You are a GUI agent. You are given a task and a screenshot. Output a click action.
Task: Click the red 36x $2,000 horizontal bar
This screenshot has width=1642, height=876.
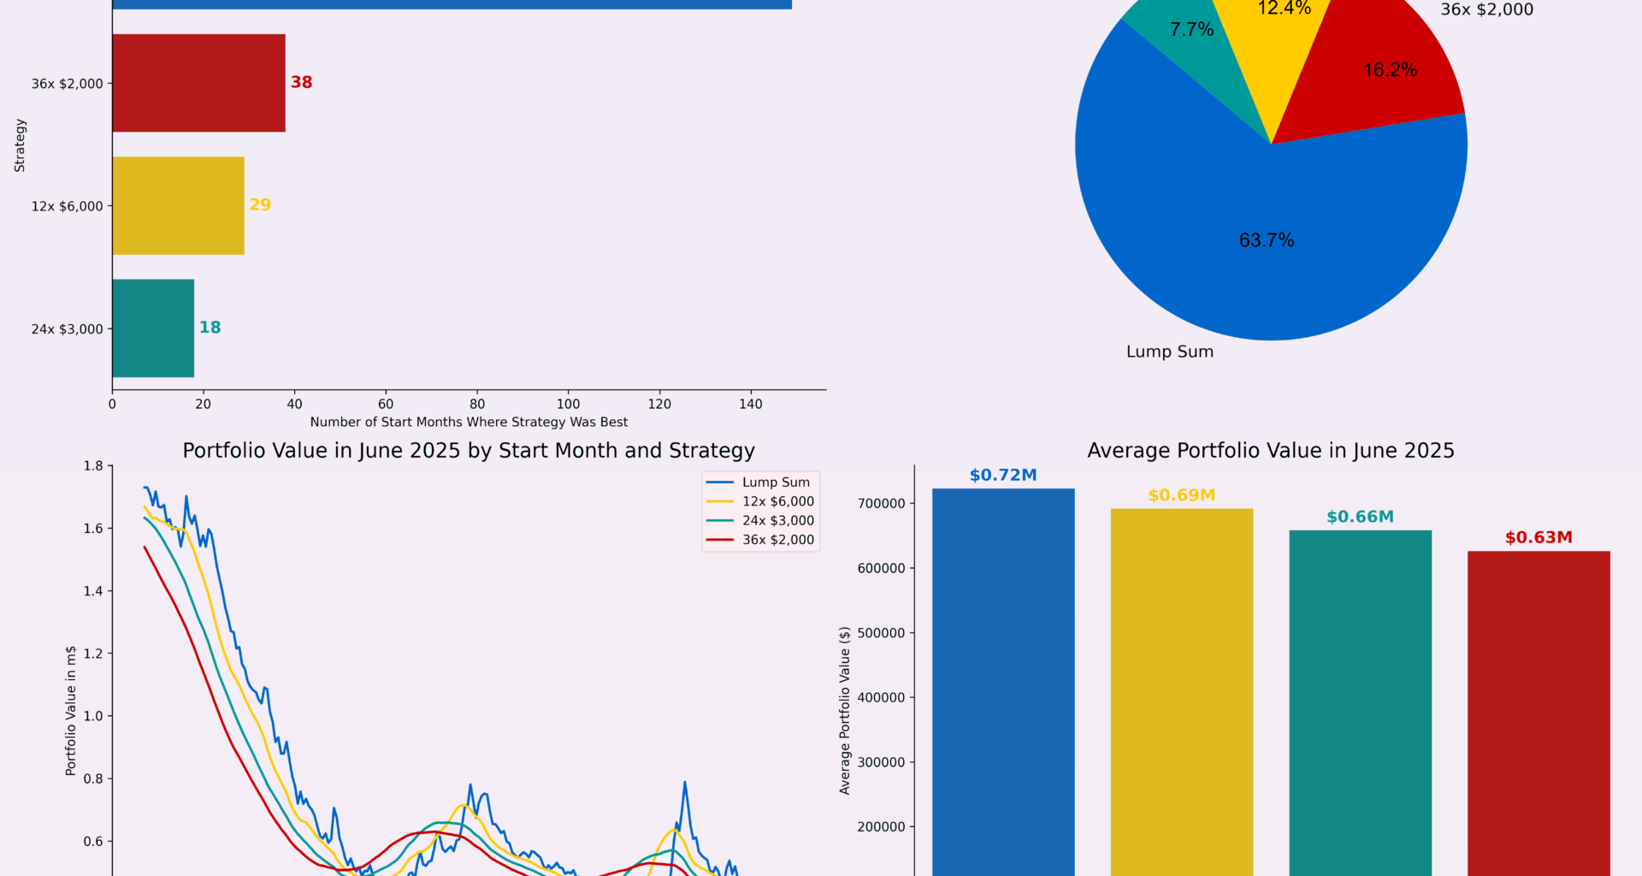tap(198, 83)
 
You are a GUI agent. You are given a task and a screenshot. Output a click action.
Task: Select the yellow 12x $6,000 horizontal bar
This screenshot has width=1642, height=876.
tap(178, 205)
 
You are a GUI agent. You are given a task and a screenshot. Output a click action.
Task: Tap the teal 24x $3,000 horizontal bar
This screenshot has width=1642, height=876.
tap(153, 328)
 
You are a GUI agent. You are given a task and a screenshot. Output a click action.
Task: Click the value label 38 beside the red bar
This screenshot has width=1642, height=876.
tap(301, 82)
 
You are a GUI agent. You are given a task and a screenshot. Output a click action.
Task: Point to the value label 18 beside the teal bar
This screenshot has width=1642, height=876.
tap(210, 328)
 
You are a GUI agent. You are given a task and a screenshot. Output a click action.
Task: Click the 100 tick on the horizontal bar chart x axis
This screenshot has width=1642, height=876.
tap(568, 404)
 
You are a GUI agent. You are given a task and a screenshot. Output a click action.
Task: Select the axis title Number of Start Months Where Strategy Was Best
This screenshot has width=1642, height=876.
tap(469, 422)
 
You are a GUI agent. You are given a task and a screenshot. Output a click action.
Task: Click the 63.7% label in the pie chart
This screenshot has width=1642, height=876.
tap(1267, 240)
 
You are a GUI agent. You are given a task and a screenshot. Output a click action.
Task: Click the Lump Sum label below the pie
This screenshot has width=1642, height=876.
tap(1169, 352)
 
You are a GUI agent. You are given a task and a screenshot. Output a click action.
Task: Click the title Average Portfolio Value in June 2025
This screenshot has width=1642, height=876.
tap(1270, 451)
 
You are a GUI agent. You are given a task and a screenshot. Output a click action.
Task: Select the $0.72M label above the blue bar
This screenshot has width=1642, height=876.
tap(1002, 475)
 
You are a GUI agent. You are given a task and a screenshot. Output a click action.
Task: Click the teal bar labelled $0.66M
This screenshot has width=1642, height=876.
tap(1360, 701)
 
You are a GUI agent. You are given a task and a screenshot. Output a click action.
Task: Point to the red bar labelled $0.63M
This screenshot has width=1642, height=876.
tap(1539, 710)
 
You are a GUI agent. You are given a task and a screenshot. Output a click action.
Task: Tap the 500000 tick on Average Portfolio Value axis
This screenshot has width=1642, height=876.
tap(881, 633)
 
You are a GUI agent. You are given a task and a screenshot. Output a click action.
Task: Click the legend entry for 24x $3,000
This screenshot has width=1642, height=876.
tap(777, 520)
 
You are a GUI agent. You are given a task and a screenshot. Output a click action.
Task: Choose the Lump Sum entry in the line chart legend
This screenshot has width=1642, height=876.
tap(775, 482)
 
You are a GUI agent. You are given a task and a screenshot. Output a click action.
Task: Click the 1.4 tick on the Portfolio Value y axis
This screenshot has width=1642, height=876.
tap(93, 591)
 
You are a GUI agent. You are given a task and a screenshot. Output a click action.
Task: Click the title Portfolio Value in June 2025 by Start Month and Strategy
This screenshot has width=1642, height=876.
tap(469, 451)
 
